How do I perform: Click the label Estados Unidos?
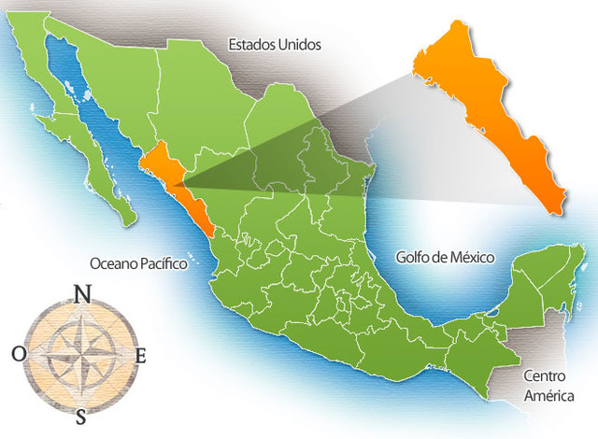click(275, 44)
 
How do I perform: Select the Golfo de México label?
click(444, 257)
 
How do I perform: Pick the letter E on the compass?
click(141, 355)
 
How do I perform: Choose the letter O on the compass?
click(20, 353)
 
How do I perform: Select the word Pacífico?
click(163, 264)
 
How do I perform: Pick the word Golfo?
click(413, 257)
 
